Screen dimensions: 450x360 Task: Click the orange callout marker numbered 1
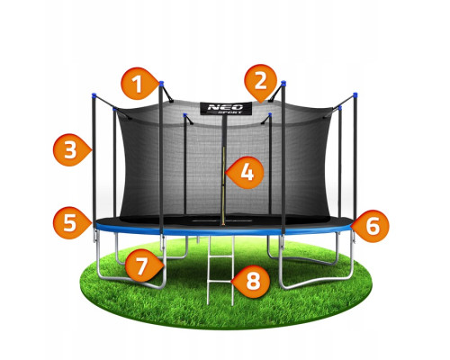pos(139,84)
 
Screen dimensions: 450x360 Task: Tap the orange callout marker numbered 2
pos(260,81)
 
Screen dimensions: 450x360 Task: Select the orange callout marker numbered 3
pos(71,149)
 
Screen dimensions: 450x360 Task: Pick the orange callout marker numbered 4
pos(246,173)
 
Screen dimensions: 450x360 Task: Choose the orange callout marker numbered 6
pos(372,226)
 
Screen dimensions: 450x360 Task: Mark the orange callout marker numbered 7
pos(143,265)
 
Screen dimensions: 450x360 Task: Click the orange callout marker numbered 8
pos(251,282)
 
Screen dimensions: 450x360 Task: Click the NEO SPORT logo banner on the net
pos(226,108)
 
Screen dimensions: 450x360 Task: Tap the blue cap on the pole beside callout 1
pos(161,83)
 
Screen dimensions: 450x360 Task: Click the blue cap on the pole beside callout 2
pos(283,83)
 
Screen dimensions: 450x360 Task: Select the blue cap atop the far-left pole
pos(94,95)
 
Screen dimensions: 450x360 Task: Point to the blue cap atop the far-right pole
pos(355,95)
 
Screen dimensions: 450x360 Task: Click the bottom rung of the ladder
pos(220,282)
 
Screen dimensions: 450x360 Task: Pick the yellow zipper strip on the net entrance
pos(223,186)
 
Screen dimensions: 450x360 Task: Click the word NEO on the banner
pos(225,107)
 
